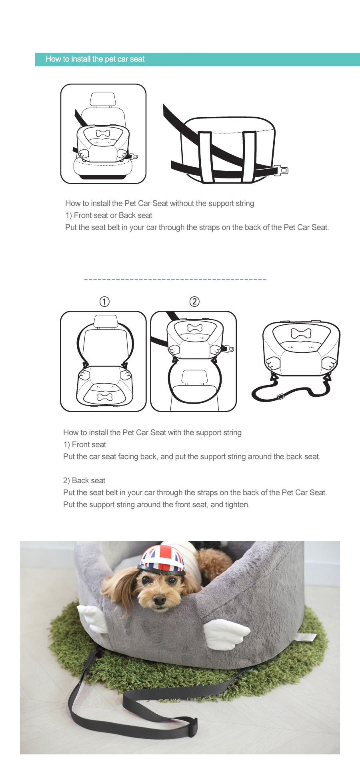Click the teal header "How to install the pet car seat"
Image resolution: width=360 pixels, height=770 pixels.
95,59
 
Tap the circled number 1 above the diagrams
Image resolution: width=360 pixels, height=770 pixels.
104,302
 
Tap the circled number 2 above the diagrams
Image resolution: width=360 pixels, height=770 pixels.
194,302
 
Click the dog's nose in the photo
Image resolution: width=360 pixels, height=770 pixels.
159,599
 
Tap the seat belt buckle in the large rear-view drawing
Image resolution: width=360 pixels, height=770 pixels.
282,170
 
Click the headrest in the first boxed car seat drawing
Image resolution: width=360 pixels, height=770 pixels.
103,99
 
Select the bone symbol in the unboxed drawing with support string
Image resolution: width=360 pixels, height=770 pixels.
301,333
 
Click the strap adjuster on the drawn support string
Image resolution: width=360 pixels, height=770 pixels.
281,396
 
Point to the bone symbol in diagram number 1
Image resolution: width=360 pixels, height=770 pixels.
105,397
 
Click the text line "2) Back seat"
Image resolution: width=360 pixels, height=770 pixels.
84,480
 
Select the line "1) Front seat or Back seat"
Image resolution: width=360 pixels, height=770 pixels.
109,215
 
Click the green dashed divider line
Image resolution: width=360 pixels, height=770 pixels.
175,279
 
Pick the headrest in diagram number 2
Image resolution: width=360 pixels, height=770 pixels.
194,376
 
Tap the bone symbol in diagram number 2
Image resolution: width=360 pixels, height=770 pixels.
195,328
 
